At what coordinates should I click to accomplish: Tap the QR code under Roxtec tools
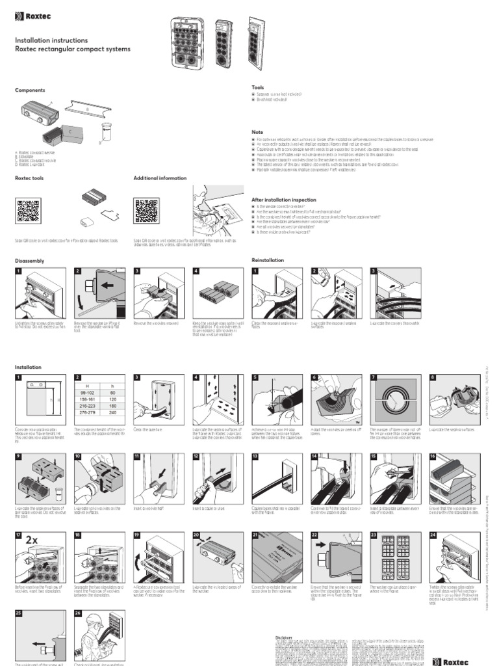[x=29, y=211]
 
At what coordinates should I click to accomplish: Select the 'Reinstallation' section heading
[x=268, y=260]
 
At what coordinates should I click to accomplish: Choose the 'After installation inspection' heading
[x=283, y=200]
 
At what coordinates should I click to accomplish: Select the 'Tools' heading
[x=258, y=87]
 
